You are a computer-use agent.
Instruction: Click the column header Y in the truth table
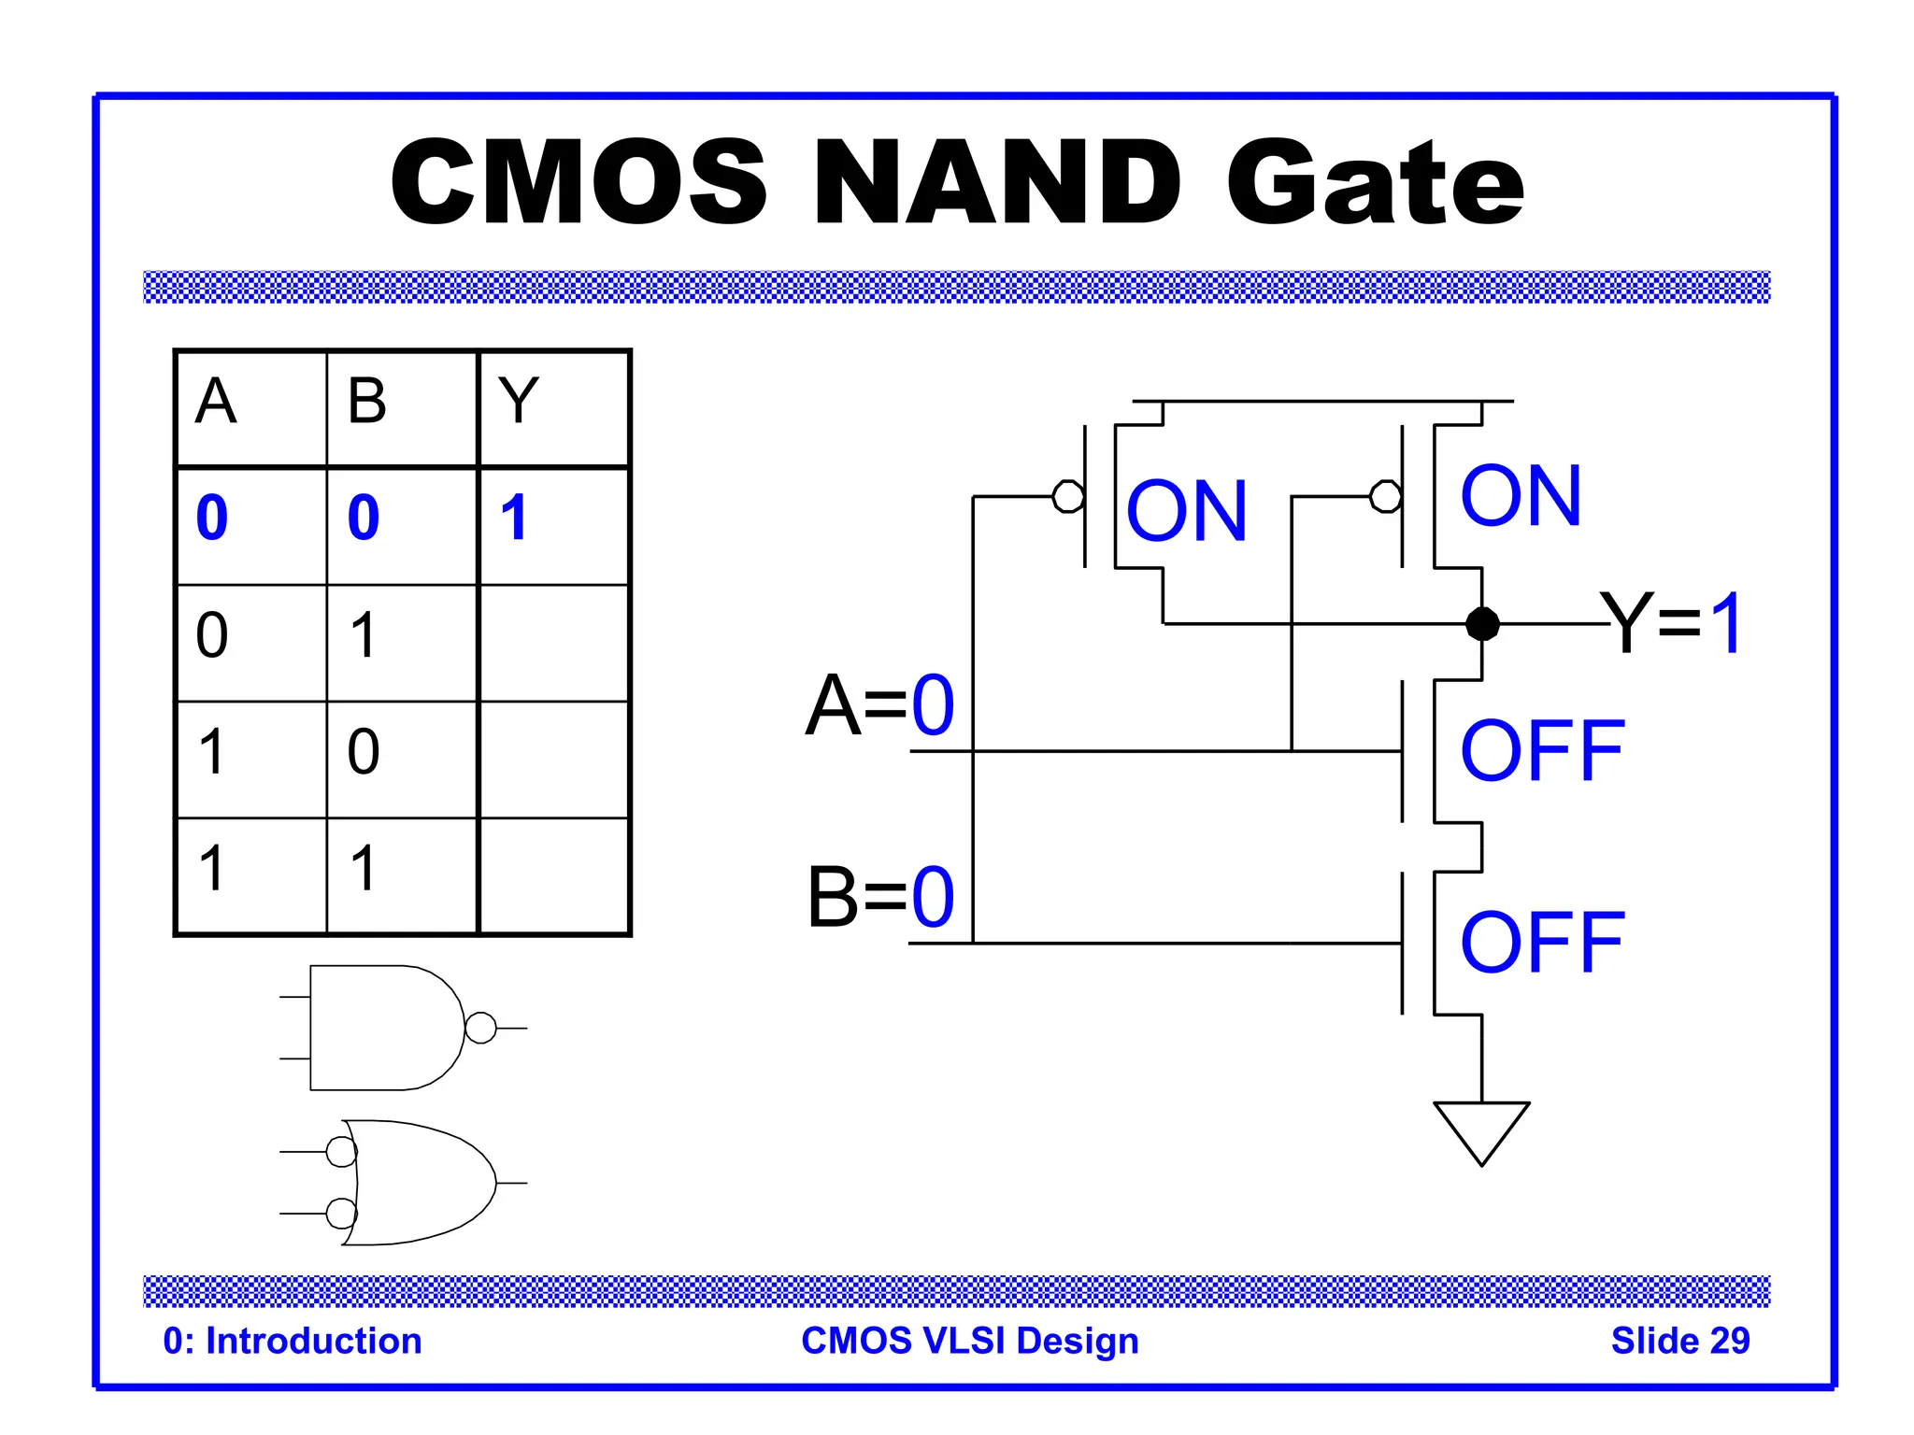tap(518, 402)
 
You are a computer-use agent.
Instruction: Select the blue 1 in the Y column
tap(514, 518)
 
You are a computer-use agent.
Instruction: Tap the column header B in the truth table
tap(366, 402)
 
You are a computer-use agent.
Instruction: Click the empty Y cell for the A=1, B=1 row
tap(553, 875)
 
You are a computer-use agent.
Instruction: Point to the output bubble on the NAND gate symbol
tap(480, 1028)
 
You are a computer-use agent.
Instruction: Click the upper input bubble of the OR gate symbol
tap(341, 1152)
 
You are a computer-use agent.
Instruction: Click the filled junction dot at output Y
tap(1482, 623)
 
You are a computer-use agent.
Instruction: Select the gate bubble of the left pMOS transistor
tap(1068, 496)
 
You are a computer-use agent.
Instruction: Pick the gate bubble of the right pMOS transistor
tap(1385, 496)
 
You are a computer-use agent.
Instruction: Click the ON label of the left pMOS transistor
tap(1187, 511)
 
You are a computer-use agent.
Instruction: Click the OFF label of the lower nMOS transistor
tap(1542, 943)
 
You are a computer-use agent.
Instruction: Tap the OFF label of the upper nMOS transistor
tap(1542, 751)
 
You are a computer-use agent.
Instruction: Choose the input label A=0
tap(880, 705)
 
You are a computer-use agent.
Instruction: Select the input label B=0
tap(880, 897)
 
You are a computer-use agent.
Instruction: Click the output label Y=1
tap(1671, 623)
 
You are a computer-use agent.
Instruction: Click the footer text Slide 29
tap(1679, 1341)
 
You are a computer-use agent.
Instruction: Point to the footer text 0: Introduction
tap(293, 1341)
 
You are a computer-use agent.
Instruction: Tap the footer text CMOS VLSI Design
tap(970, 1341)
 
